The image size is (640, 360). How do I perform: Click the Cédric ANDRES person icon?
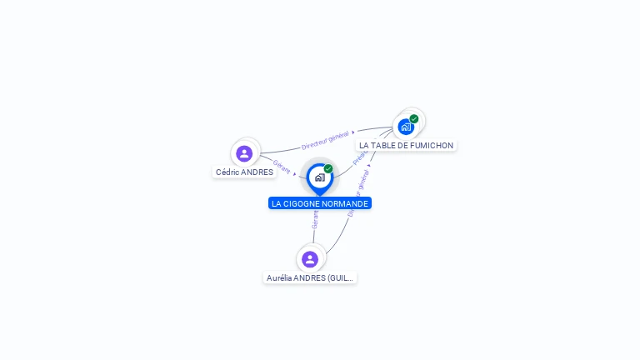point(244,153)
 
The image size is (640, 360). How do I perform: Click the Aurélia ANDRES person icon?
point(310,259)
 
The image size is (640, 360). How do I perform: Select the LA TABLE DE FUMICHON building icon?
point(406,127)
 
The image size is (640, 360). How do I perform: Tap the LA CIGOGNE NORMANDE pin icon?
point(319,177)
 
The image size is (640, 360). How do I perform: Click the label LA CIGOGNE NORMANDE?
point(320,203)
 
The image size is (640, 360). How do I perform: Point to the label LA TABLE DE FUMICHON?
point(406,145)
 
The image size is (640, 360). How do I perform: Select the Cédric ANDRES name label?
point(244,172)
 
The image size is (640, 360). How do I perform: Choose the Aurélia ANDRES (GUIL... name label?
point(310,277)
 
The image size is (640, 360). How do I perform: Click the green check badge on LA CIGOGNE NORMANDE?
point(328,168)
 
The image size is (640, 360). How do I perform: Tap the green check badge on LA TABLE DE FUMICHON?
point(414,118)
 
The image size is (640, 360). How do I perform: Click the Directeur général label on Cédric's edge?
point(325,140)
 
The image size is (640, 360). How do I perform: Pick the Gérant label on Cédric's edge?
point(282,167)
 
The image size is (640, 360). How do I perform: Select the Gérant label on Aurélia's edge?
point(315,219)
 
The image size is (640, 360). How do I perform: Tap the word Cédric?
point(227,172)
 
